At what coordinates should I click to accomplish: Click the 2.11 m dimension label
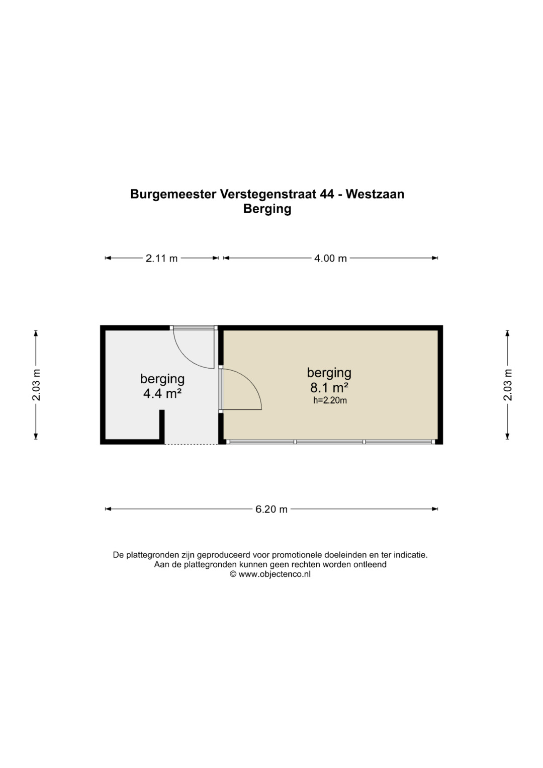click(161, 258)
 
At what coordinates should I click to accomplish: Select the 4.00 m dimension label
click(330, 258)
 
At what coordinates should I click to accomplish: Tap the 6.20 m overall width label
click(271, 509)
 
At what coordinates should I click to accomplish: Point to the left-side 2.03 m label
click(36, 385)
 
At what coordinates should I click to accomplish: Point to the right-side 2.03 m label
click(508, 385)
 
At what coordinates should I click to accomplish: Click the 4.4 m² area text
click(162, 394)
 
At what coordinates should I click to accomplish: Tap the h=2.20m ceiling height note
click(330, 400)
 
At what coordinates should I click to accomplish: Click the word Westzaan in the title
click(375, 194)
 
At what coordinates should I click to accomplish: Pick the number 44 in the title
click(327, 194)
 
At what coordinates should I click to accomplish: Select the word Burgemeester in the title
click(173, 195)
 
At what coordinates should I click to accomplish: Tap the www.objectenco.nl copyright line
click(270, 574)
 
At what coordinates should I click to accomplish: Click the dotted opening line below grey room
click(191, 444)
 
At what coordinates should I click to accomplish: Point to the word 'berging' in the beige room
click(329, 373)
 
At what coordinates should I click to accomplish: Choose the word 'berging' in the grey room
click(162, 379)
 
